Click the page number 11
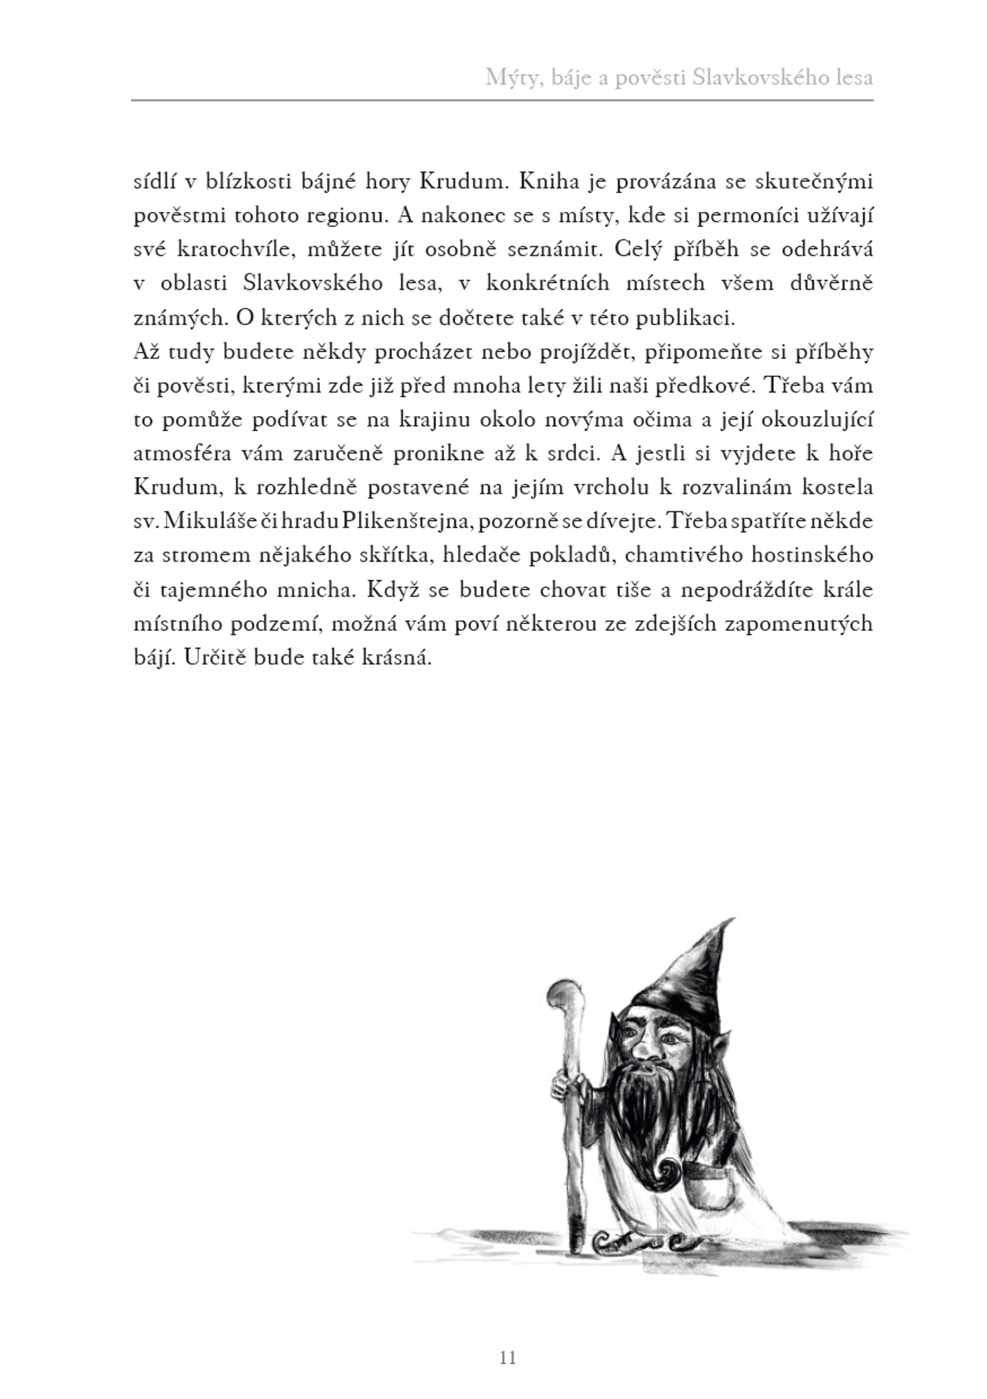coord(508,1358)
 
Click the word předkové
coord(720,386)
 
